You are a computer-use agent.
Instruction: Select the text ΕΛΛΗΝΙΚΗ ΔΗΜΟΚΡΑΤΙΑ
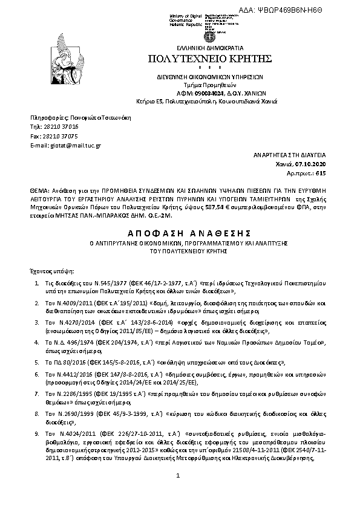click(209, 47)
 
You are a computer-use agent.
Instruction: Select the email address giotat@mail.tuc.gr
click(76, 146)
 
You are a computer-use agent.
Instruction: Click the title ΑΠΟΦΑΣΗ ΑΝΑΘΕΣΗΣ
click(180, 233)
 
